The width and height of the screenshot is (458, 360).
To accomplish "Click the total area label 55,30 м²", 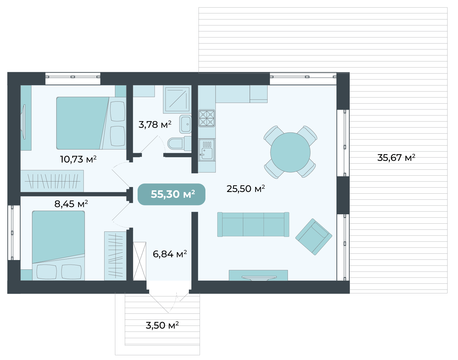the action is [x=173, y=194].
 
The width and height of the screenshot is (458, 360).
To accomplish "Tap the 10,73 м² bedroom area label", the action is [x=78, y=159].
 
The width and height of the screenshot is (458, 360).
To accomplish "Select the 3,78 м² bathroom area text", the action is [x=155, y=124].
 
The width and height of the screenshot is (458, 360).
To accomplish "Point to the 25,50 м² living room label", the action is [x=246, y=189].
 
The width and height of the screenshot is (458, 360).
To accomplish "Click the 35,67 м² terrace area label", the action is [x=396, y=158].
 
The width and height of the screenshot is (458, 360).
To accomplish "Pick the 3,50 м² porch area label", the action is [x=162, y=325].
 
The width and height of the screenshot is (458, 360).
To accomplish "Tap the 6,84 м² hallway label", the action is [x=170, y=254].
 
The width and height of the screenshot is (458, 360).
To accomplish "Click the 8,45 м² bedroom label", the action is [x=71, y=204].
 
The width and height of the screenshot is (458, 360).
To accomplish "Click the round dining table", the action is [x=290, y=152].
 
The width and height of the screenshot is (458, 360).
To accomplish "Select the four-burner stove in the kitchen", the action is [x=207, y=118].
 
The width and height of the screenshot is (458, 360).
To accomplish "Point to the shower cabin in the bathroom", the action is [x=177, y=99].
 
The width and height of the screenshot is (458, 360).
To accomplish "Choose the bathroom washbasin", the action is [x=185, y=124].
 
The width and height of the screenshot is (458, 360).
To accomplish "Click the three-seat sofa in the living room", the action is [x=253, y=224].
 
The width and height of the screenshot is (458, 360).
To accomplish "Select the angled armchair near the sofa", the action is [x=314, y=237].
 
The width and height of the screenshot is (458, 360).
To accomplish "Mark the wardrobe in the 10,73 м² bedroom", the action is [x=52, y=181].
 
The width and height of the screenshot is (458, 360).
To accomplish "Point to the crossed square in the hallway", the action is [x=140, y=261].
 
